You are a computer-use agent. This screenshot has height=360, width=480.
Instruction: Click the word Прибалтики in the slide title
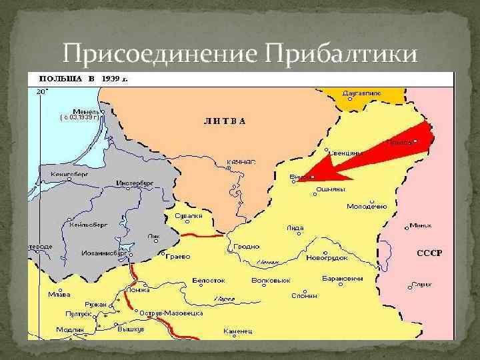tap(343, 51)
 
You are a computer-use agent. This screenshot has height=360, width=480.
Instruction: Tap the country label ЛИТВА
tap(225, 121)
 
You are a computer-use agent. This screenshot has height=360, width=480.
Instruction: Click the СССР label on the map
tap(429, 253)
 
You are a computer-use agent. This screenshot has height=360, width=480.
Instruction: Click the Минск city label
tap(421, 225)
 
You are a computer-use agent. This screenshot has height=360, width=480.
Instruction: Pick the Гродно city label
tap(247, 246)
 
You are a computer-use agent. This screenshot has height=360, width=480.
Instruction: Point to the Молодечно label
tap(366, 207)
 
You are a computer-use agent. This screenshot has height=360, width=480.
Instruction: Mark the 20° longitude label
tap(41, 90)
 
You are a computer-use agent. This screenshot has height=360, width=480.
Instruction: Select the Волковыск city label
tap(270, 280)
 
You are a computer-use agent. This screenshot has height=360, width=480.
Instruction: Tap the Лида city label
tap(295, 227)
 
